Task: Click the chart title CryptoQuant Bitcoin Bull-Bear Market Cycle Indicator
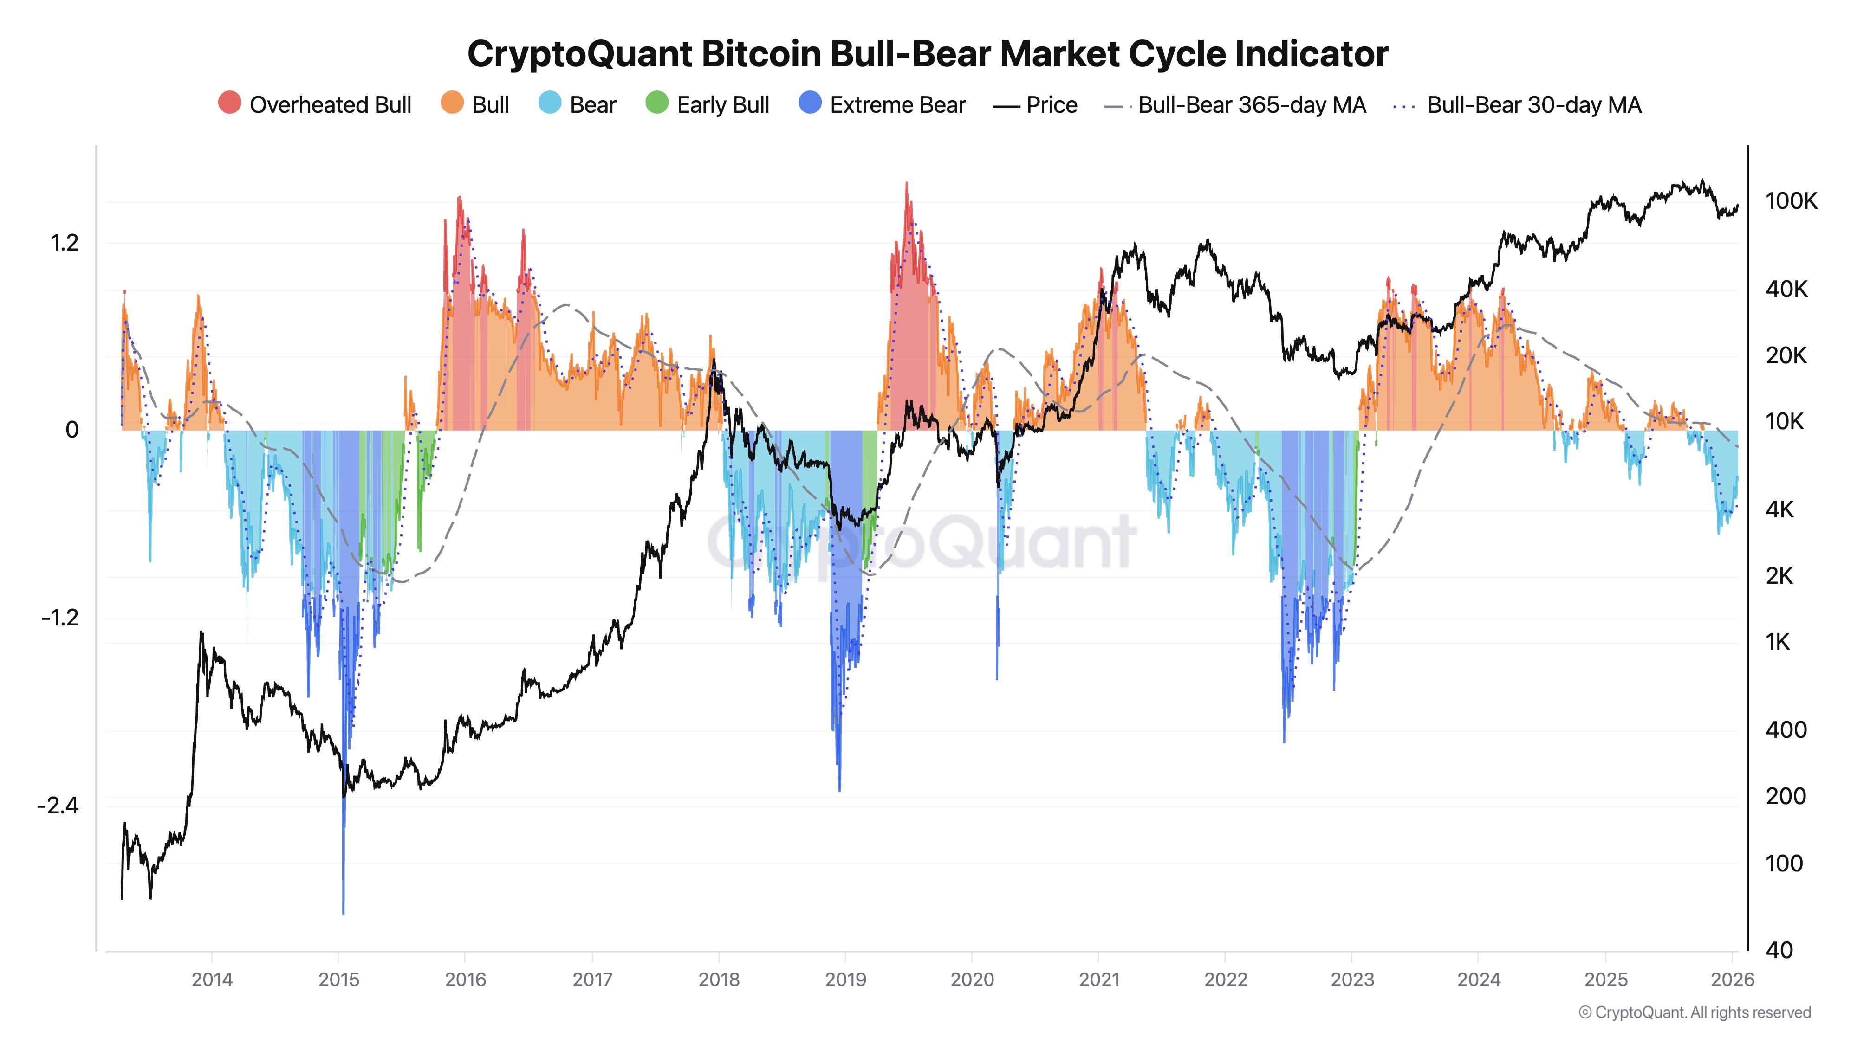[x=927, y=54]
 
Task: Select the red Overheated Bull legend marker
[x=229, y=103]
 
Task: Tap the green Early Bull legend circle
[x=657, y=103]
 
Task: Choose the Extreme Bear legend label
[x=897, y=105]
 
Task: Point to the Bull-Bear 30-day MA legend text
[x=1533, y=105]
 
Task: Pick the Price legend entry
[x=1051, y=105]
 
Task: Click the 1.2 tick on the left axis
[x=64, y=243]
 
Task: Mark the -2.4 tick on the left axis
[x=58, y=806]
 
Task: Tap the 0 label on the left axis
[x=71, y=430]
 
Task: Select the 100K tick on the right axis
[x=1791, y=201]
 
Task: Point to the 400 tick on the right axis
[x=1785, y=730]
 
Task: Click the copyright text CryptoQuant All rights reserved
[x=1694, y=1012]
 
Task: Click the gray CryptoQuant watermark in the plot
[x=923, y=542]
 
